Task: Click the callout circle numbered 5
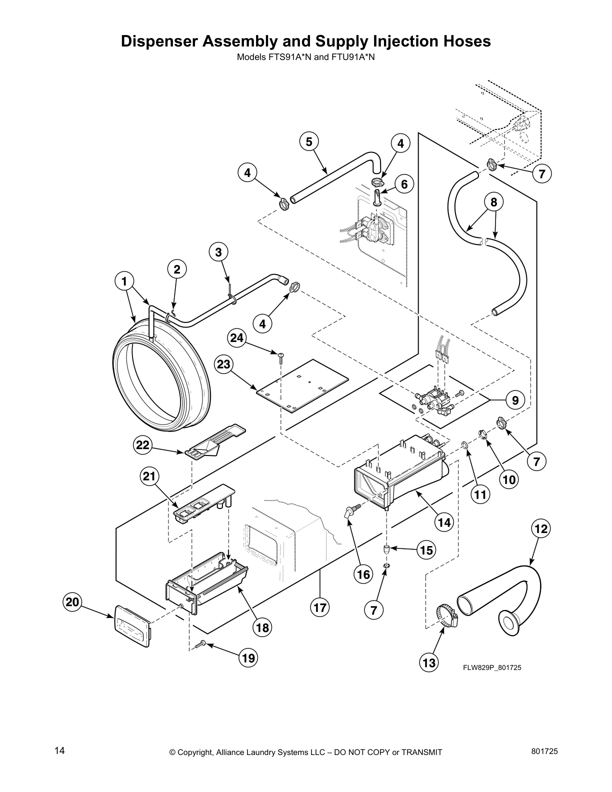tap(309, 141)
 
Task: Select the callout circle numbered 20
tap(73, 602)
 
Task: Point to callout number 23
tap(223, 364)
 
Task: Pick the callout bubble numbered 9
tap(515, 400)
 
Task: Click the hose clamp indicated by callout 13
tap(444, 615)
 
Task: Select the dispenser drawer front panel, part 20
tap(132, 625)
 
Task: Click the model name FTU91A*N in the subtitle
tap(352, 57)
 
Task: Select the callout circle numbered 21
tap(149, 476)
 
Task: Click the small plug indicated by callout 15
tap(386, 549)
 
